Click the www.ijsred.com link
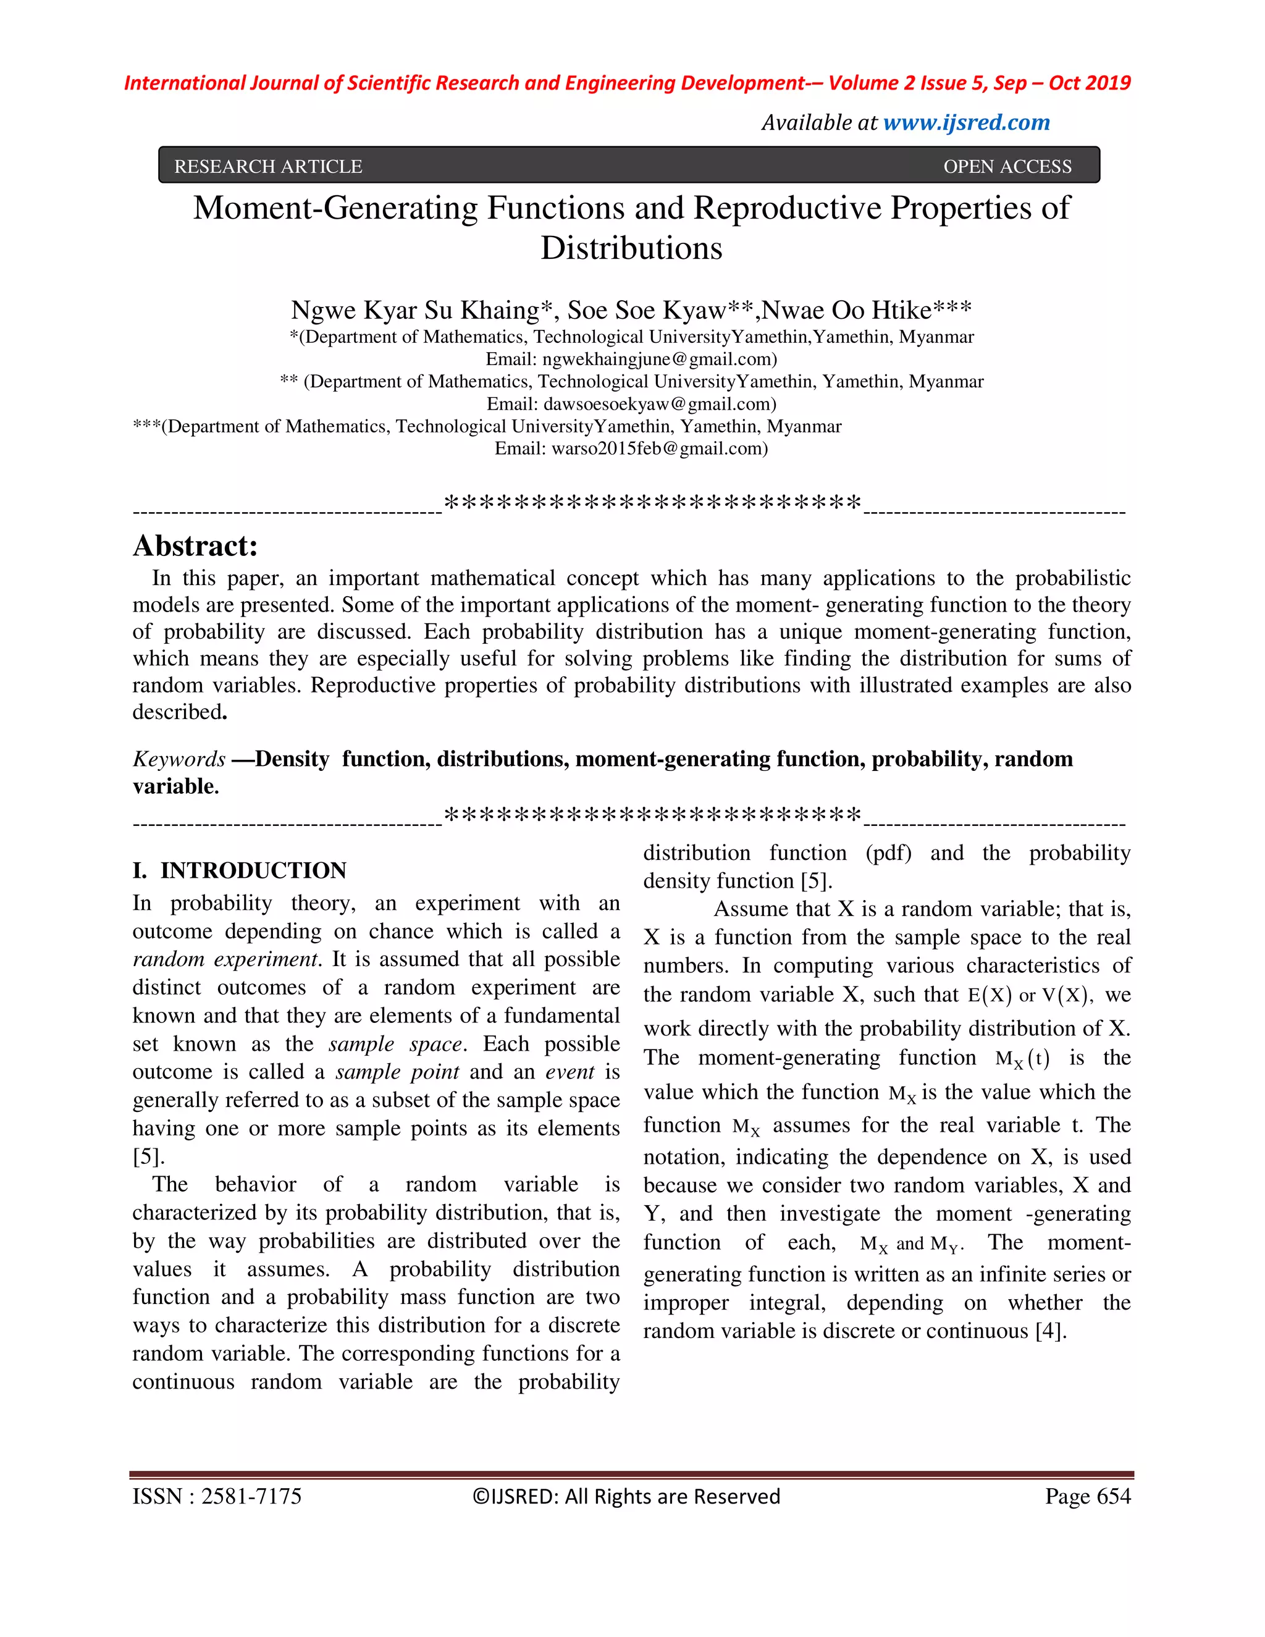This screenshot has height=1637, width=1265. click(966, 122)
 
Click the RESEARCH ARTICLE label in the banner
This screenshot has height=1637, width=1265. click(267, 166)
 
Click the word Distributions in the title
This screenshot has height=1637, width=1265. click(631, 248)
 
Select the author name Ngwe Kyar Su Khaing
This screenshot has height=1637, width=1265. click(414, 309)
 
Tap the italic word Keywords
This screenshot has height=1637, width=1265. click(179, 759)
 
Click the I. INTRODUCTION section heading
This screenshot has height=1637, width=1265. click(239, 870)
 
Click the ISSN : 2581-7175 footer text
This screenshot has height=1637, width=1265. click(217, 1496)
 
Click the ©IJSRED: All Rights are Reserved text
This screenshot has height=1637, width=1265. click(626, 1496)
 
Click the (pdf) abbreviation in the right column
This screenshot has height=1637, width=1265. click(888, 853)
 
